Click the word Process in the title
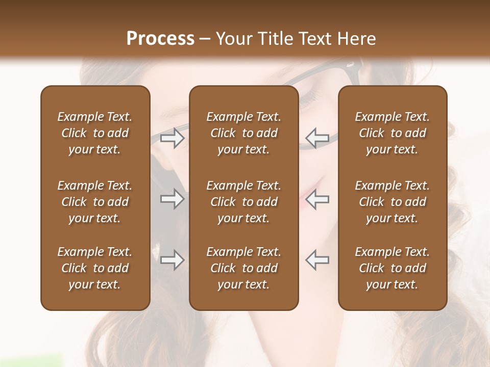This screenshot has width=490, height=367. (160, 39)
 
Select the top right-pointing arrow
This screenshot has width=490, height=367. (172, 138)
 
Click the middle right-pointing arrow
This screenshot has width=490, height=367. (172, 199)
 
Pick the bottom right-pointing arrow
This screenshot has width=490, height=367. (172, 260)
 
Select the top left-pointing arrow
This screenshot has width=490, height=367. (317, 138)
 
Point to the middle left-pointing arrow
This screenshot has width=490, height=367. (317, 199)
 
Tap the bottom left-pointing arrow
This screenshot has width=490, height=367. (317, 260)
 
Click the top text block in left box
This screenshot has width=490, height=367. (95, 133)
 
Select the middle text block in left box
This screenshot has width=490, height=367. (95, 202)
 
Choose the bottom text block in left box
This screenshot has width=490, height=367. (95, 268)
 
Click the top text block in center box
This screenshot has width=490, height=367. (243, 133)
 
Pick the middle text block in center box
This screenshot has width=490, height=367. (243, 202)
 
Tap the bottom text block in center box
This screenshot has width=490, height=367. (243, 268)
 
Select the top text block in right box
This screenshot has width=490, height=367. (392, 133)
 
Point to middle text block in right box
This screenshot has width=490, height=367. (392, 202)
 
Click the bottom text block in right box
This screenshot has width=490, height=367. (392, 268)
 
